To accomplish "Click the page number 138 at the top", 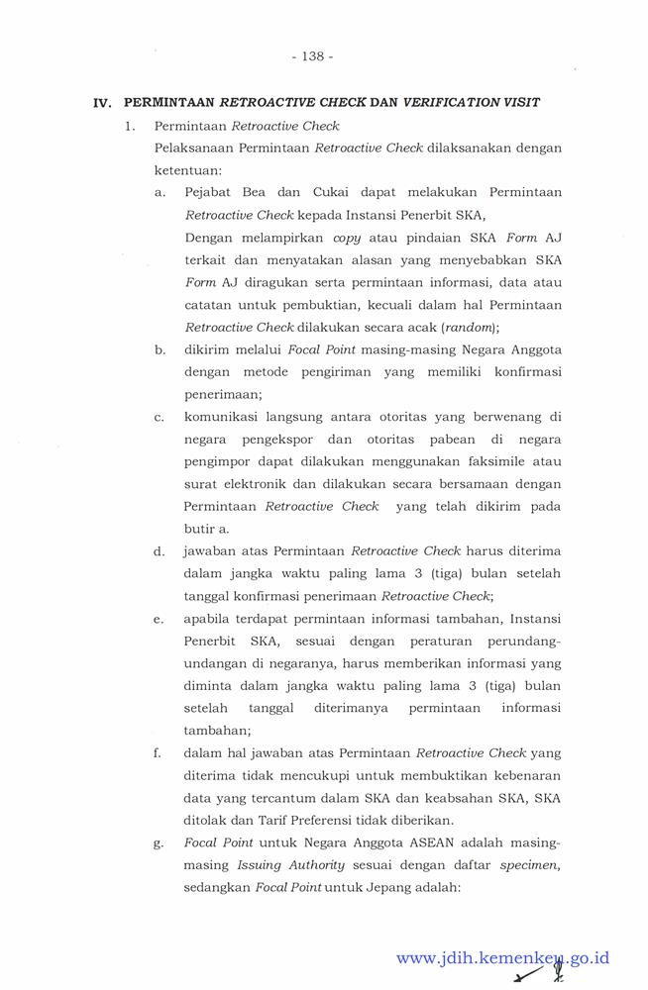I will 313,56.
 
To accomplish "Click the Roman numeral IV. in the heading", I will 102,103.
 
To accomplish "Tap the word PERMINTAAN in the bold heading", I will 168,103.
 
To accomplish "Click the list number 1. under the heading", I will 131,127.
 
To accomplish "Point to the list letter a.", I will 160,192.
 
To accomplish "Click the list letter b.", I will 160,349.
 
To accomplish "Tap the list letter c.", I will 160,418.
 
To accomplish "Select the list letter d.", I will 160,551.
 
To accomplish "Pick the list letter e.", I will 160,620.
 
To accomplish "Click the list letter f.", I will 159,752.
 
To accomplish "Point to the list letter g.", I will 160,842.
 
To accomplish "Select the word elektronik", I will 255,484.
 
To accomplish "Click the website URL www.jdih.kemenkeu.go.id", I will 502,958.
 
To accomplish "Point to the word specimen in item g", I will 531,865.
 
